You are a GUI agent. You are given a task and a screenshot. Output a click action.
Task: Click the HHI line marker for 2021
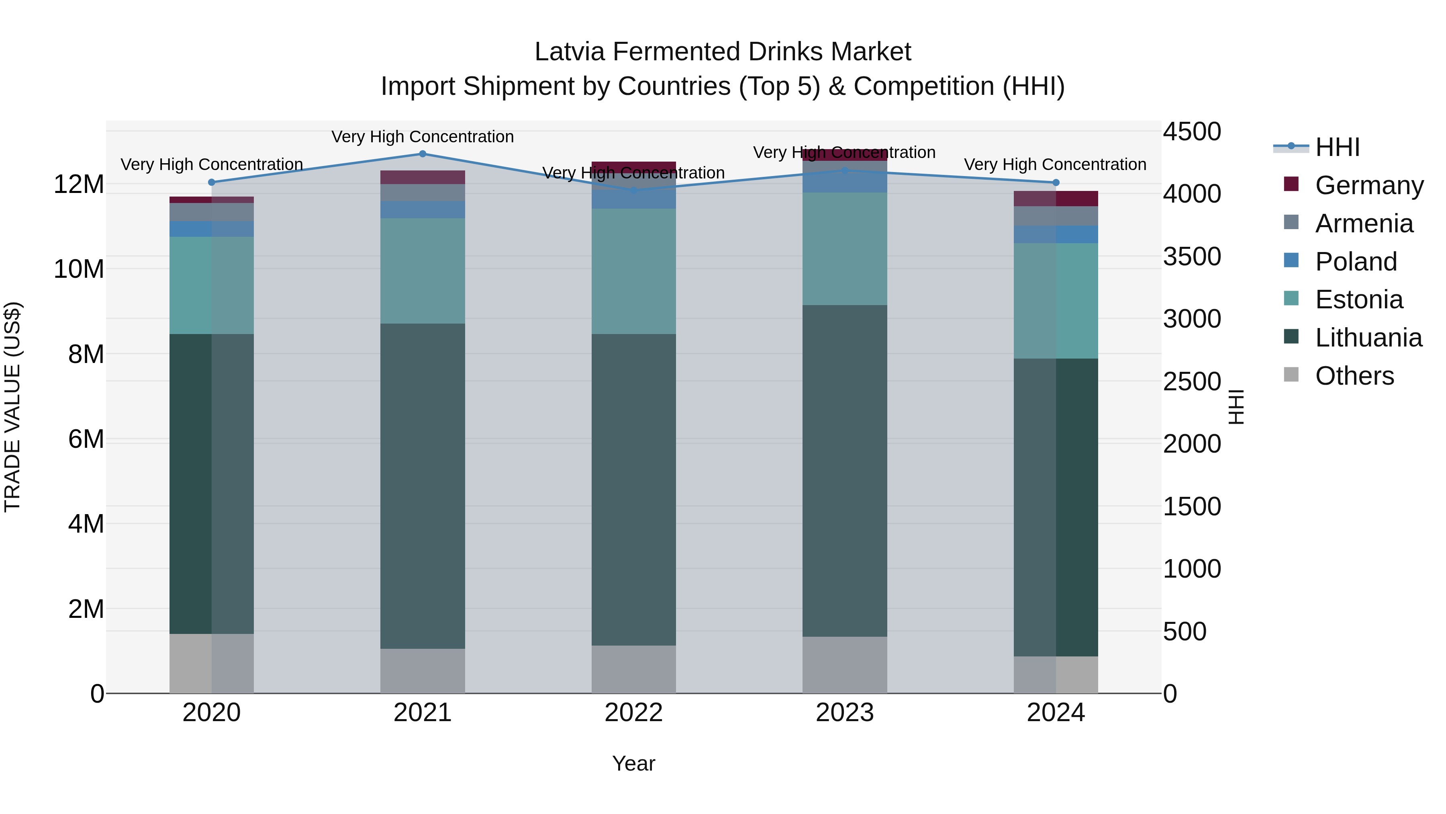[x=423, y=154]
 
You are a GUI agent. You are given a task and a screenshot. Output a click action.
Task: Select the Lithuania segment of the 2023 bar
[x=844, y=471]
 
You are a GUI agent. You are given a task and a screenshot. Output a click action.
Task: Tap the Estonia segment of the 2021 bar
[x=423, y=271]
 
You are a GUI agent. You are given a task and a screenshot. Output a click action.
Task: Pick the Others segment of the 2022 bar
[x=634, y=669]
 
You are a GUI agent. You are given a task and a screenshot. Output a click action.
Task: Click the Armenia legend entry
[x=1364, y=223]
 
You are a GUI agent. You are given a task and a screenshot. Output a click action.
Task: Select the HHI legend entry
[x=1337, y=147]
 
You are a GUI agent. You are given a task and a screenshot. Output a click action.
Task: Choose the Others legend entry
[x=1354, y=376]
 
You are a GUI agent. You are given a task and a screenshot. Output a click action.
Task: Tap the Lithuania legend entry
[x=1368, y=338]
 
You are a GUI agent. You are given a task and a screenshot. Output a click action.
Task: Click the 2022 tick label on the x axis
[x=634, y=713]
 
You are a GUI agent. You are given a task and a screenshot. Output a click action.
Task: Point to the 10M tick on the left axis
[x=79, y=269]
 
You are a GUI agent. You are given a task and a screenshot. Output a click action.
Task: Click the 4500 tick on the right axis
[x=1191, y=131]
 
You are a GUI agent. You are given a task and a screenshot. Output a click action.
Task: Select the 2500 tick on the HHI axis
[x=1191, y=381]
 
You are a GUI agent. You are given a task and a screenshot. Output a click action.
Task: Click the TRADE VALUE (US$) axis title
[x=12, y=407]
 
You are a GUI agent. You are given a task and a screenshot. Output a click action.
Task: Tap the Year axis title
[x=634, y=763]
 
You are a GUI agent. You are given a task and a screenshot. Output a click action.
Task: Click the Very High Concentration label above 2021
[x=423, y=137]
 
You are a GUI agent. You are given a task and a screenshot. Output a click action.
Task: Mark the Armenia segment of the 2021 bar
[x=423, y=193]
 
